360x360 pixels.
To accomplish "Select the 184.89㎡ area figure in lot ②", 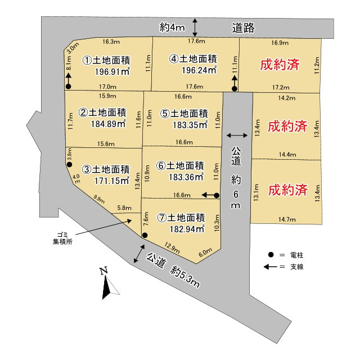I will pos(107,124).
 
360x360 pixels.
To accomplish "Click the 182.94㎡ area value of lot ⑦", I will pos(185,229).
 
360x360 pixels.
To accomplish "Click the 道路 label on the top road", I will pos(243,27).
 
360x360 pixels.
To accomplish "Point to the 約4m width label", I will pos(172,27).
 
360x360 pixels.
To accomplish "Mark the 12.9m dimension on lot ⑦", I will pos(172,245).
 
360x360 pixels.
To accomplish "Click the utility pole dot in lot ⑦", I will pos(145,235).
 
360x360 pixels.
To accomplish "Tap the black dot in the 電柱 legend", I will pos(271,255).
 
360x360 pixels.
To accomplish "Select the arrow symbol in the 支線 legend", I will pos(275,266).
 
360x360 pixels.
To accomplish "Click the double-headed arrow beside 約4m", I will pos(195,27).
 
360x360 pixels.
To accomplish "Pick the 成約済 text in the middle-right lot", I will pos(287,125).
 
